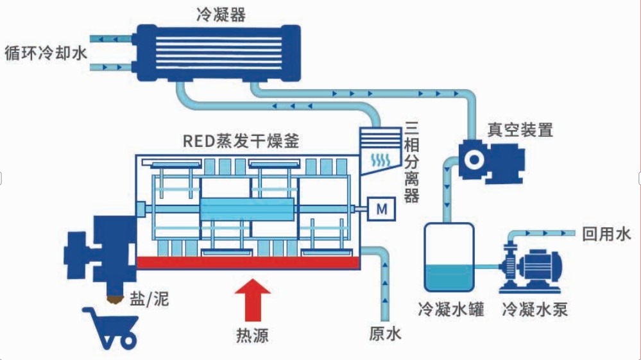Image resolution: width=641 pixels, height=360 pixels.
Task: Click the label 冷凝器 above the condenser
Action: point(220,15)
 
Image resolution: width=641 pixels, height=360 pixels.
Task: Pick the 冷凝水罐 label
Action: point(450,309)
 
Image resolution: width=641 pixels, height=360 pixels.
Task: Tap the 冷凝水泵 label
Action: point(535,309)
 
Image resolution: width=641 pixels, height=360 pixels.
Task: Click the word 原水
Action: point(385,334)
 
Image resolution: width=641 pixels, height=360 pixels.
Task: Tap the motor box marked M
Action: point(381,209)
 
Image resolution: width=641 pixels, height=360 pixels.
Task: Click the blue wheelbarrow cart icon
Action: point(109,326)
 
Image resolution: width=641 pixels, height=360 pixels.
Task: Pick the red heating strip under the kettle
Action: point(248,262)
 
